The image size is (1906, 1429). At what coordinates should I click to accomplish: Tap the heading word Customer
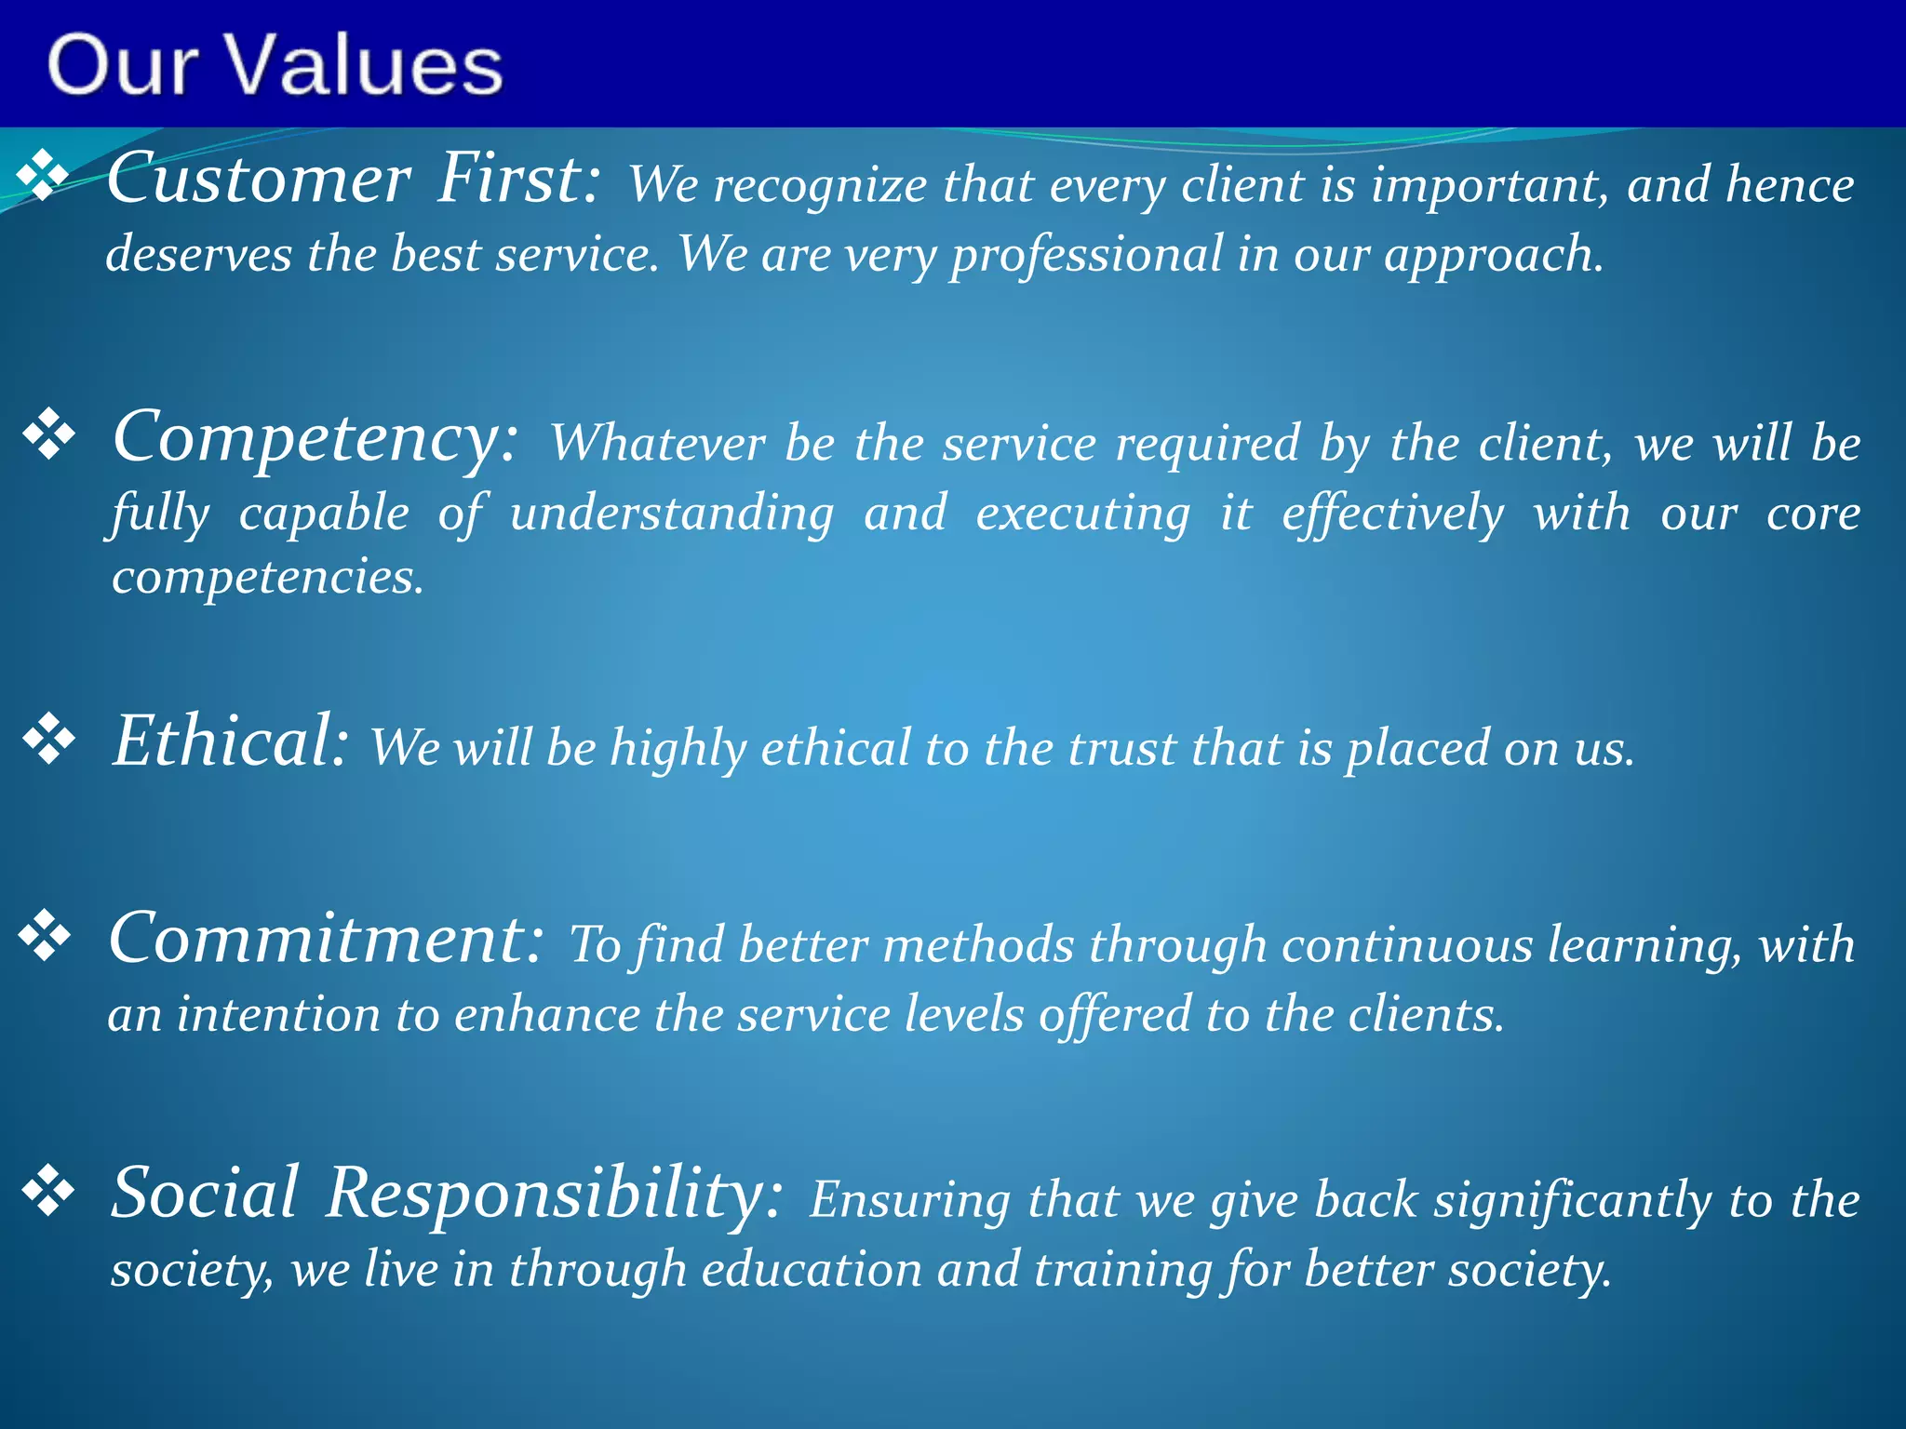258,179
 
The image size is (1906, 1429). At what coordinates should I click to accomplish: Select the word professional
1086,255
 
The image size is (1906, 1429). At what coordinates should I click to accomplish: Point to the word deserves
198,255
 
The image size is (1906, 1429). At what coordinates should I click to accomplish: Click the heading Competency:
315,437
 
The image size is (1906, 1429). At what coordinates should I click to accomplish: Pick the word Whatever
656,443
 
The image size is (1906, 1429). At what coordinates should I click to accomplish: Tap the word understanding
671,514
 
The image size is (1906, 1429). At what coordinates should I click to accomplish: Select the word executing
1082,514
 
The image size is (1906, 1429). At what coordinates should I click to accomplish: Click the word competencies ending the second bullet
267,577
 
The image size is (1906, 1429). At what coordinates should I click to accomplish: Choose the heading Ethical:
230,741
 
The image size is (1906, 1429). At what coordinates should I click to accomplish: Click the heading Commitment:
326,939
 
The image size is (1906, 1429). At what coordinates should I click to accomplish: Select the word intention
278,1014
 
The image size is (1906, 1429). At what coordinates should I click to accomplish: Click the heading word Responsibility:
554,1194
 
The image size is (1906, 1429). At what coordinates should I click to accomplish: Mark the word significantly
1572,1201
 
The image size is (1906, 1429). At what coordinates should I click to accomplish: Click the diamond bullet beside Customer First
44,176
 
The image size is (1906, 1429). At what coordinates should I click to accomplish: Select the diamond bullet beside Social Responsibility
48,1192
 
